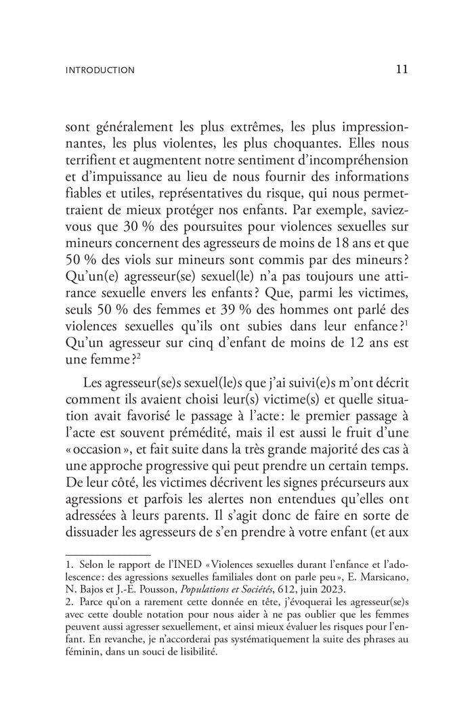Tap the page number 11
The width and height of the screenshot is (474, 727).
pos(400,68)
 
